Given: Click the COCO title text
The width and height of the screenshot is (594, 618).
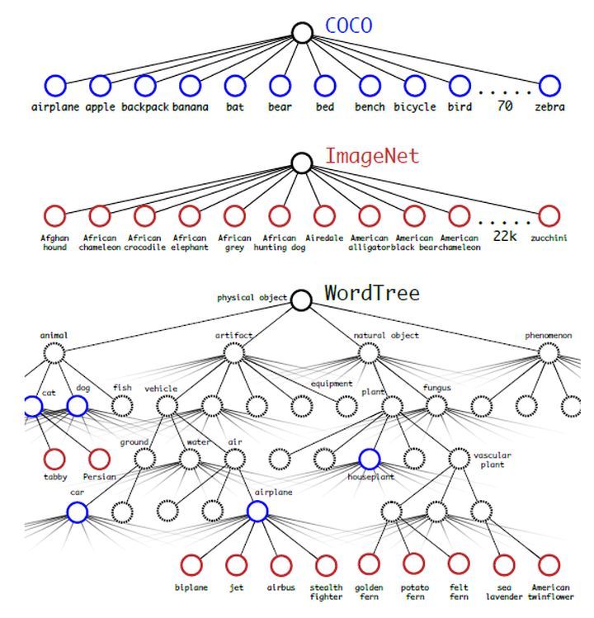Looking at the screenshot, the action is click(x=348, y=26).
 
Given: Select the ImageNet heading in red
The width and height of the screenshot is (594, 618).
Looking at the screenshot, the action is click(x=372, y=156).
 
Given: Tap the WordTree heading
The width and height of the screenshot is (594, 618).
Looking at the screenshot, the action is click(x=372, y=293).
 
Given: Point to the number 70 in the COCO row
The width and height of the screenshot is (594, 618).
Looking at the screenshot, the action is click(x=505, y=106).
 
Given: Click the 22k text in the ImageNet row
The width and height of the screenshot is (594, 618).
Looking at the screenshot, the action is click(x=505, y=236).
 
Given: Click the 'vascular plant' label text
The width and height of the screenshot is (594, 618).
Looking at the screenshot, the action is click(x=493, y=460).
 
